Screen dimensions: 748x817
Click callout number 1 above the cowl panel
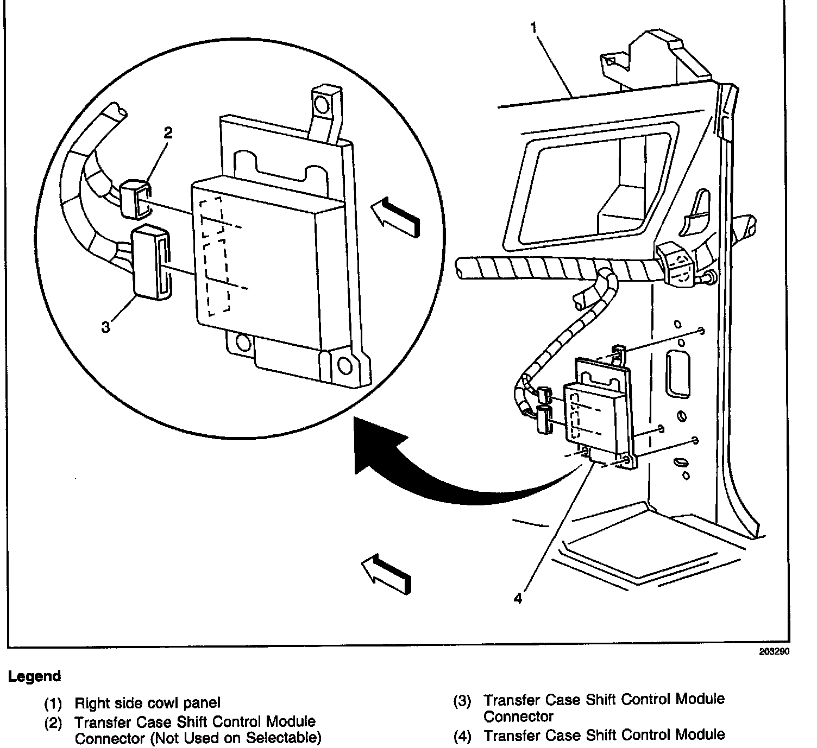coord(535,27)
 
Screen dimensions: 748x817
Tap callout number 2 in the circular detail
coord(168,132)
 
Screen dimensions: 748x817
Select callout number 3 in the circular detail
coord(106,327)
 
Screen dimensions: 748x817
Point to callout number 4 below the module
coord(518,598)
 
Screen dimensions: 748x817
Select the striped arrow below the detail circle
coord(387,573)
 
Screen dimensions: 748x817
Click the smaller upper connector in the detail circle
coord(134,198)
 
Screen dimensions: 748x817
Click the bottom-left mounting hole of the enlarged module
coord(242,342)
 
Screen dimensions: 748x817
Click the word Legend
coord(34,676)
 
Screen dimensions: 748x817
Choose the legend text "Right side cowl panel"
coord(147,703)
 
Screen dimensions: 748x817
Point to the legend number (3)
coord(462,701)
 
